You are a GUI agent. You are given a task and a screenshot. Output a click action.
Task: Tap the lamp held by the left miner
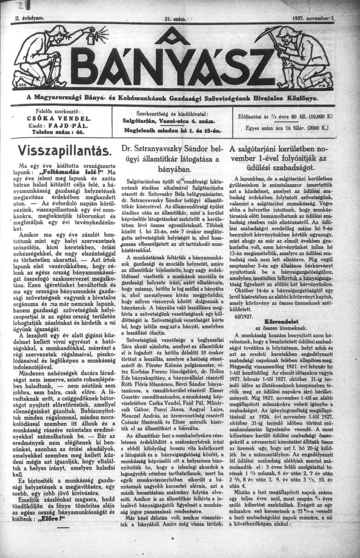point(95,36)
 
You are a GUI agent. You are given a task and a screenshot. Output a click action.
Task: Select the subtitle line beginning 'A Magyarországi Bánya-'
point(179,97)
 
